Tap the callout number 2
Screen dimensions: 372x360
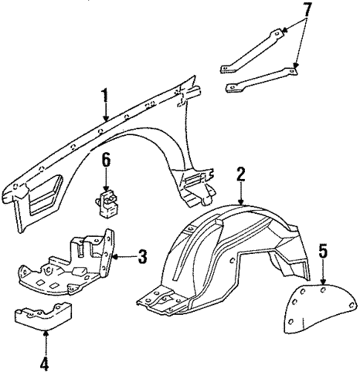[241, 174]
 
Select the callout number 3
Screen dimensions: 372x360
[142, 257]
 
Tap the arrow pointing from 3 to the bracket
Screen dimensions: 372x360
[122, 257]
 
